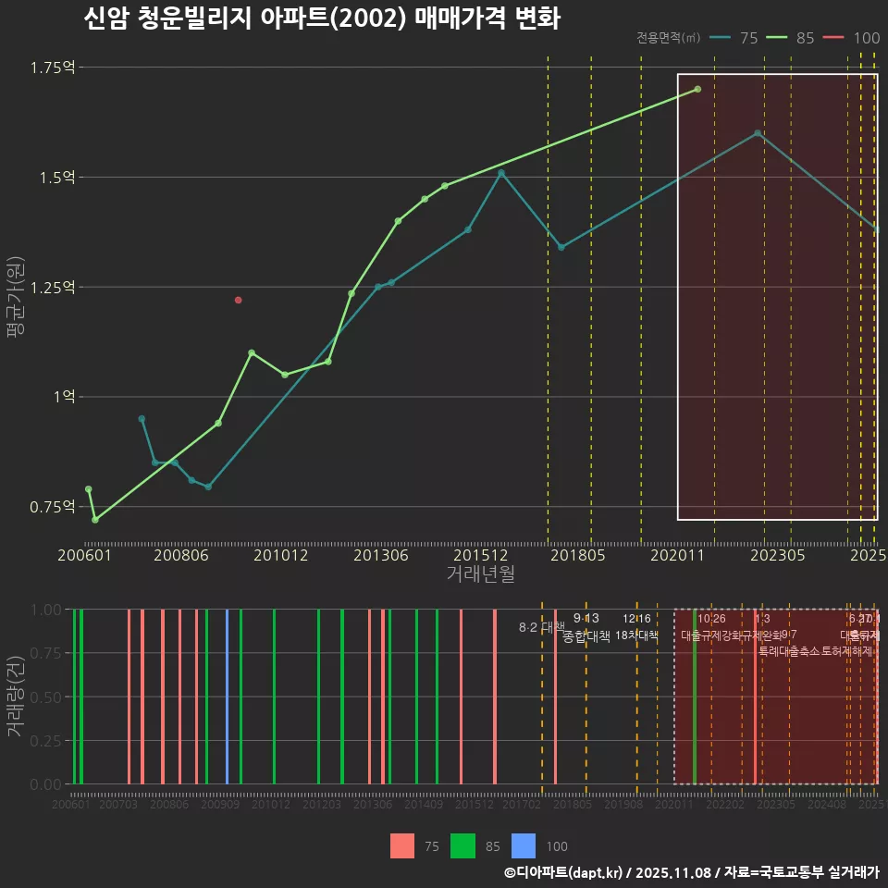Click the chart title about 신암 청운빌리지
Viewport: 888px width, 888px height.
[x=321, y=18]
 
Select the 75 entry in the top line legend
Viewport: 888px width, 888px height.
[x=748, y=38]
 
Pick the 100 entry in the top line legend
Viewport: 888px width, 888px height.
[x=867, y=38]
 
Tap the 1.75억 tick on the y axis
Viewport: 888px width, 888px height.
[x=53, y=68]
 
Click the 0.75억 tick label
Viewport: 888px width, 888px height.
[x=53, y=507]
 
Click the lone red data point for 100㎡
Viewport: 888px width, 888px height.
[x=239, y=301]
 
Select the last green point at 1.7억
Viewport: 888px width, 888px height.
[x=697, y=90]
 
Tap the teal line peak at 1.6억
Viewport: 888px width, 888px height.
[x=758, y=133]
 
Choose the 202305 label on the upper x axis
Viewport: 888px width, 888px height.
[x=777, y=556]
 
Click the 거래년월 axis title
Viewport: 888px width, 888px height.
[x=480, y=574]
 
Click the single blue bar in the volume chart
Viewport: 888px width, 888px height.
[x=228, y=697]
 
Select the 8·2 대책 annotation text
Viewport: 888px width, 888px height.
[x=542, y=627]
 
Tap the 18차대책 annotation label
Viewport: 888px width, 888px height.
[x=636, y=635]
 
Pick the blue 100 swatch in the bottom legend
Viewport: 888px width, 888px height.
[x=524, y=845]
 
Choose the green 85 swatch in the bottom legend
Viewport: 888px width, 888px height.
[x=462, y=845]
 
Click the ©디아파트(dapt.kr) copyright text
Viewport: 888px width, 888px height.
[x=564, y=872]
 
